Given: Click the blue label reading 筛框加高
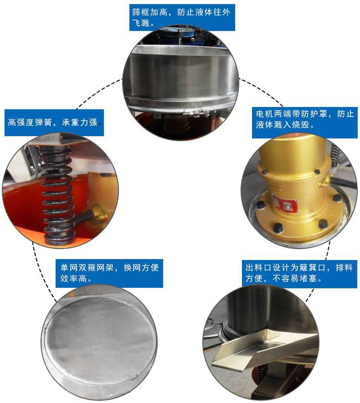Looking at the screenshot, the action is coord(182,17).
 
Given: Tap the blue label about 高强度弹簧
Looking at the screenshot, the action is coord(54,123).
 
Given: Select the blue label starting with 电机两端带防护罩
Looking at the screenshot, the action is coord(305,119).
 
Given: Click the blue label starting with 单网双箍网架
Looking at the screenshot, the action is coord(109,273).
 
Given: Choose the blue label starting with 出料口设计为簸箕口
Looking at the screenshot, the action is coord(300,273).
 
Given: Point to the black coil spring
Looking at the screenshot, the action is coord(57,195).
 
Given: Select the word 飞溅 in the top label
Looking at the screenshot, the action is coord(141,23).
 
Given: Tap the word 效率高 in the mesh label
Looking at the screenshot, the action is coord(73,278).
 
